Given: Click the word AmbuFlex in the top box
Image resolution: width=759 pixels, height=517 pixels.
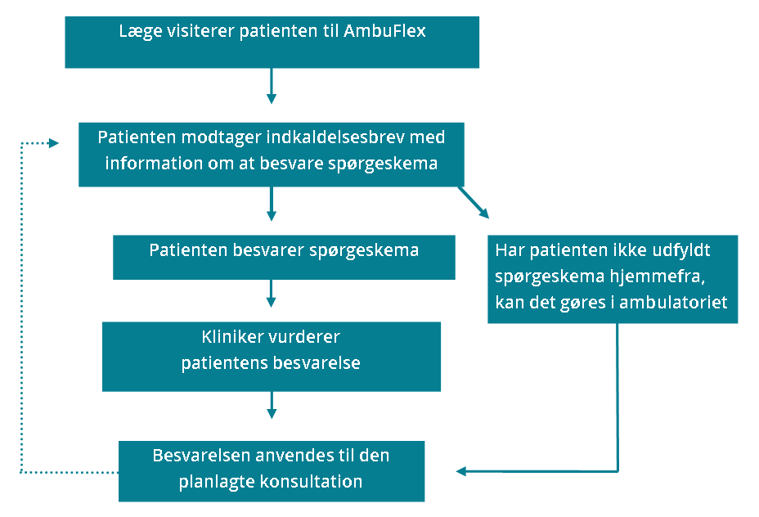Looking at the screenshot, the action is [385, 31].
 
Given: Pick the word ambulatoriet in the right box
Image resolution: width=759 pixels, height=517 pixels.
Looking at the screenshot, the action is [673, 302].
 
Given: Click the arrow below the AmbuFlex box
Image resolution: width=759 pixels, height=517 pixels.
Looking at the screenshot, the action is [272, 86].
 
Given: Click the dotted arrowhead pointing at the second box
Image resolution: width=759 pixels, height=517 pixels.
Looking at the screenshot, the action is [54, 143].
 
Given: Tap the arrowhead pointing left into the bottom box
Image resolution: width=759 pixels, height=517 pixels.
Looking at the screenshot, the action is [460, 471].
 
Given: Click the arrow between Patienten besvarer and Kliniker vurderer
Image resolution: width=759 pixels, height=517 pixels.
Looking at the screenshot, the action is [271, 294].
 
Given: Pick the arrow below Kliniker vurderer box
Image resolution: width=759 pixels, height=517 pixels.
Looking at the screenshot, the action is [272, 405].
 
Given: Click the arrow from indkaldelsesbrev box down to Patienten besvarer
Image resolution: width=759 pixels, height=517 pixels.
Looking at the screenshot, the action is [272, 204].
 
